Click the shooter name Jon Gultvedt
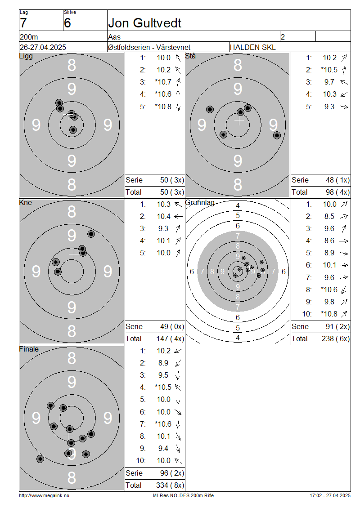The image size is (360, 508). point(144,23)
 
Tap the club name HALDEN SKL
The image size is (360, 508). point(252,47)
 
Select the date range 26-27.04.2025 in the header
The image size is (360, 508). point(43,47)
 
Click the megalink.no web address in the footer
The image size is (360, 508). point(44,495)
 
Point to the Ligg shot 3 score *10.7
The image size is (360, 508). point(163,82)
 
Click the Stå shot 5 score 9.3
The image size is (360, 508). point(329,107)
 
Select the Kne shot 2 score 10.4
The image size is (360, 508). point(164,216)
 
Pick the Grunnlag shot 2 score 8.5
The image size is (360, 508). point(329,216)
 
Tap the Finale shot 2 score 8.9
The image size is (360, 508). point(163,363)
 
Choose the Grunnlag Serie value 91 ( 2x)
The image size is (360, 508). point(337,326)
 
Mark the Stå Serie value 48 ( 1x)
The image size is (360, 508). point(337,180)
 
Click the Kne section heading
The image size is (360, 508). point(26,202)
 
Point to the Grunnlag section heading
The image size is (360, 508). point(200,202)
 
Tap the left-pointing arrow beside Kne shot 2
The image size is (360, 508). point(178,216)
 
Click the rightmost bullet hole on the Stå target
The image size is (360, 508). point(277,135)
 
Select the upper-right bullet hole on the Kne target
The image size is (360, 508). point(91,234)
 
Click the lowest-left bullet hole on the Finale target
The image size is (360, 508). point(40,459)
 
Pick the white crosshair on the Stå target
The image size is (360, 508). point(239,120)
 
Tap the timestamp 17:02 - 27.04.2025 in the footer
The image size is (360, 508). point(330,495)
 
